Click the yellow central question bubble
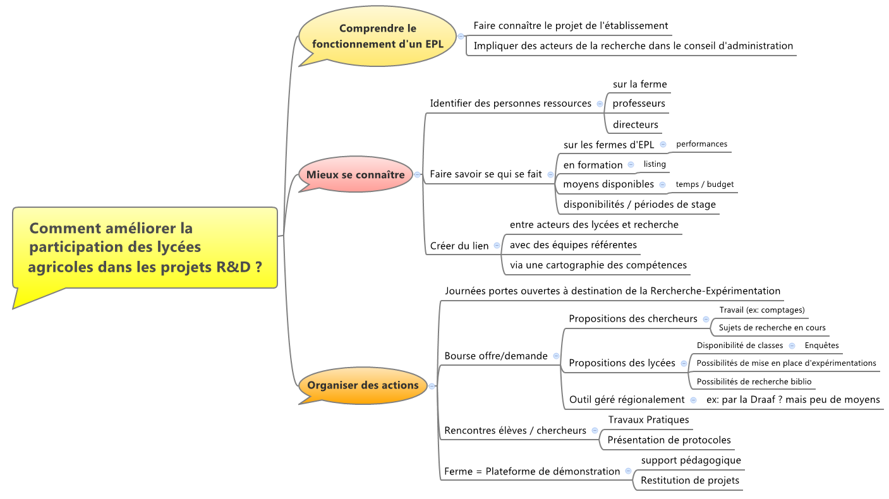pyautogui.click(x=145, y=247)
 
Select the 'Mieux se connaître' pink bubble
pyautogui.click(x=355, y=174)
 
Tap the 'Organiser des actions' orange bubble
pyautogui.click(x=363, y=385)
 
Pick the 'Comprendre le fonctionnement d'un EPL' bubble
pyautogui.click(x=377, y=37)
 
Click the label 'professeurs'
pyautogui.click(x=639, y=104)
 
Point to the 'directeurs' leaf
pyautogui.click(x=635, y=125)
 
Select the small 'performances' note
pyautogui.click(x=701, y=144)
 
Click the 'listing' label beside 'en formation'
pyautogui.click(x=655, y=164)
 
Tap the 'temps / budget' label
pyautogui.click(x=705, y=184)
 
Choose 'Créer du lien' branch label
pyautogui.click(x=459, y=246)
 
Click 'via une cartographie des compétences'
pyautogui.click(x=598, y=265)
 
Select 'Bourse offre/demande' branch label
pyautogui.click(x=496, y=356)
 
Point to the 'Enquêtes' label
pyautogui.click(x=821, y=346)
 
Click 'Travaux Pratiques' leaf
pyautogui.click(x=648, y=419)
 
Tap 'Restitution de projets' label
pyautogui.click(x=689, y=481)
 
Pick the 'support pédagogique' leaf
pyautogui.click(x=691, y=460)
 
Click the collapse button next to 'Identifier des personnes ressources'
pyautogui.click(x=600, y=104)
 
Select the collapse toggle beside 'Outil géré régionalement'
pyautogui.click(x=693, y=400)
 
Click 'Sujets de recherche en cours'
pyautogui.click(x=772, y=328)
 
